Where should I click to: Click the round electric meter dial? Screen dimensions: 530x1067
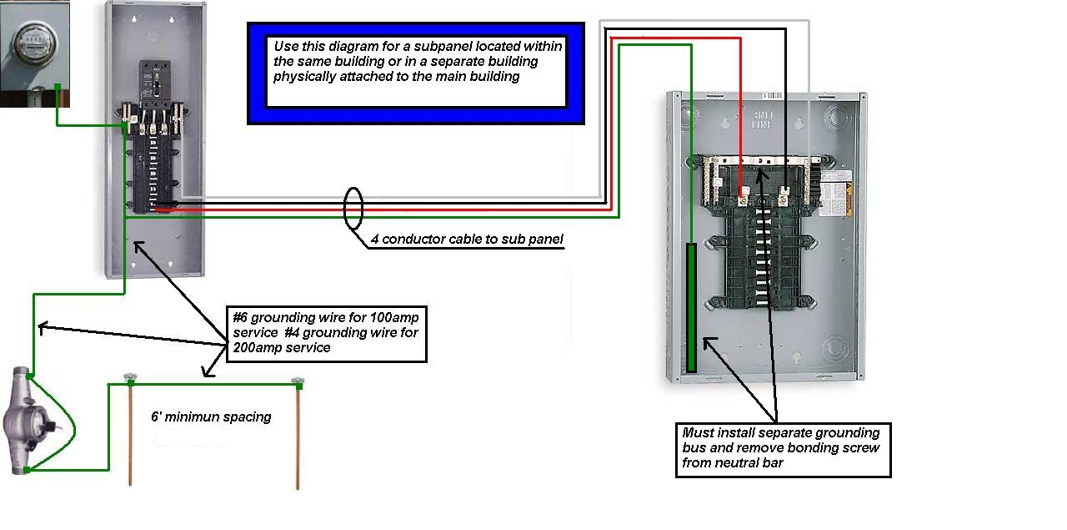click(x=31, y=39)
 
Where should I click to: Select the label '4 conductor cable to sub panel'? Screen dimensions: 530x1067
click(x=467, y=240)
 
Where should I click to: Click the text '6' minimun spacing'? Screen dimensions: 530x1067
click(x=211, y=416)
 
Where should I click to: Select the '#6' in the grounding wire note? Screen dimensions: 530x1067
click(x=241, y=317)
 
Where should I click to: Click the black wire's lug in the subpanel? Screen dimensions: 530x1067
click(x=784, y=198)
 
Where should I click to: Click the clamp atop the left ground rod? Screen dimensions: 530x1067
click(x=130, y=381)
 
